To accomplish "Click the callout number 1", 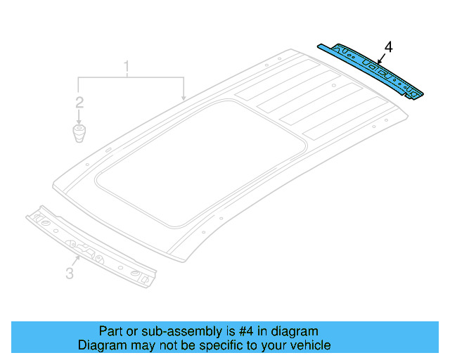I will point(127,68).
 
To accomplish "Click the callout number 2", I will point(79,103).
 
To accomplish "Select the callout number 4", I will point(389,47).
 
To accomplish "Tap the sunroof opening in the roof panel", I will point(204,162).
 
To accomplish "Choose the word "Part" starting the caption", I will point(112,331).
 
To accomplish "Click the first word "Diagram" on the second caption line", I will point(103,346).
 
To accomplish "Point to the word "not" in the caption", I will point(167,346).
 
